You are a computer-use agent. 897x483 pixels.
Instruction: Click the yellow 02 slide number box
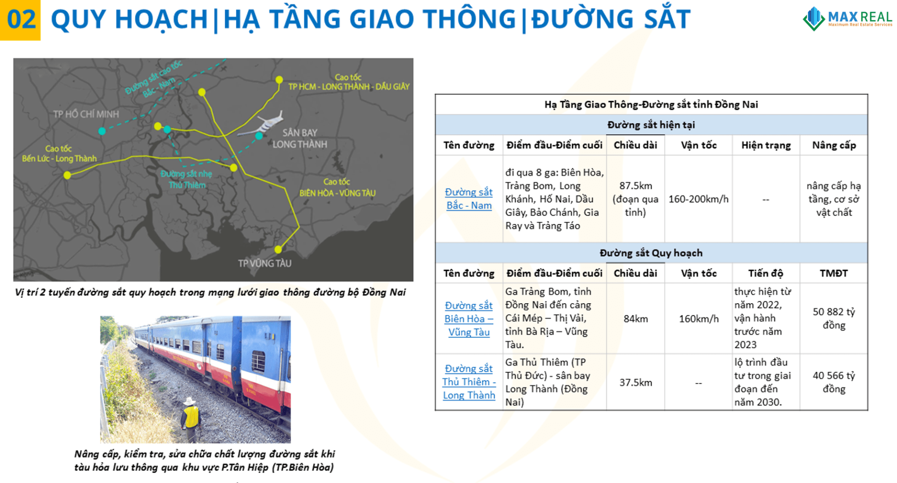point(20,20)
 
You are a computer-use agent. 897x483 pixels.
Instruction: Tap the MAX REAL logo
point(847,19)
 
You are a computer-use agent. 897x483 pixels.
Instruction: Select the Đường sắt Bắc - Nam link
point(469,199)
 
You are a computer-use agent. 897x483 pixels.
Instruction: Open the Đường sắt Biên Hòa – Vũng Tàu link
point(469,319)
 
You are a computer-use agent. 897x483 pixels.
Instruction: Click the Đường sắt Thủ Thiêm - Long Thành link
point(469,382)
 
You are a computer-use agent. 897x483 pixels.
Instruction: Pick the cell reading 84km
point(635,319)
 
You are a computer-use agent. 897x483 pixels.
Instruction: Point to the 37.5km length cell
point(635,383)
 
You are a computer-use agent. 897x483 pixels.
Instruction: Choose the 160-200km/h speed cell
point(698,199)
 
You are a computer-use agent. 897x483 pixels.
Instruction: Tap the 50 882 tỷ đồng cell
point(834,318)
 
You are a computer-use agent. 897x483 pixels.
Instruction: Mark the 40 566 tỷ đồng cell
point(834,382)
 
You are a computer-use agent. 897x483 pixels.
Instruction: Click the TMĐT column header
point(834,273)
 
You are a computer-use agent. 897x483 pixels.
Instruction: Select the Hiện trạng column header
point(766,145)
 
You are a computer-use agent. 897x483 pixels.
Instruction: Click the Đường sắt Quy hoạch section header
point(651,253)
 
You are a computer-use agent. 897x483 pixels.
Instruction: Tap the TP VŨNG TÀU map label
point(264,263)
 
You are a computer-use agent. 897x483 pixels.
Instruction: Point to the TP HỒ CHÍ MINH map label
point(86,114)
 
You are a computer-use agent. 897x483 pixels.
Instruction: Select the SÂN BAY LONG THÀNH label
point(299,138)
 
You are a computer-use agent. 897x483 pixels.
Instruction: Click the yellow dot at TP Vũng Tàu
point(278,249)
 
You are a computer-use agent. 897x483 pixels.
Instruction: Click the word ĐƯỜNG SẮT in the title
point(611,19)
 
